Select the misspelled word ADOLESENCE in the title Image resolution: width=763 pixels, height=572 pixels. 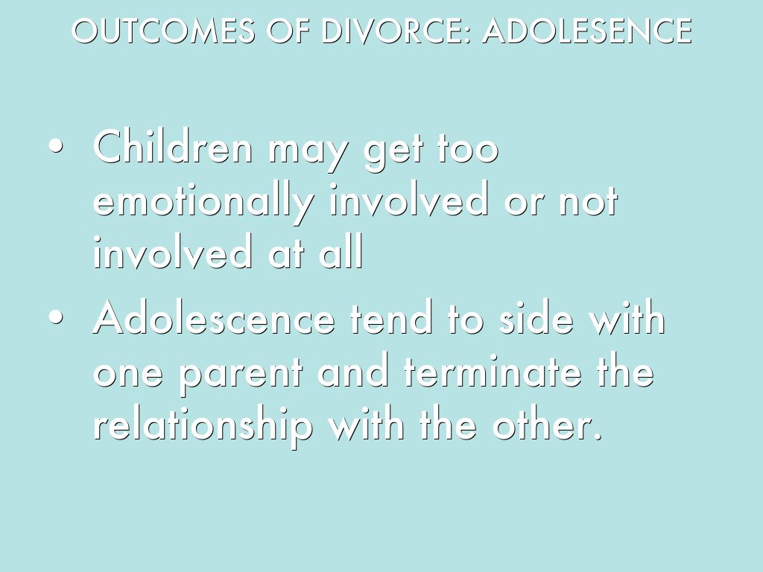point(587,31)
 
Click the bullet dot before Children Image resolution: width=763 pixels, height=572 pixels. point(56,146)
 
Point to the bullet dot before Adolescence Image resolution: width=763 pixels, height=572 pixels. point(56,317)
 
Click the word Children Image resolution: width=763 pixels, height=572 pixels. point(174,146)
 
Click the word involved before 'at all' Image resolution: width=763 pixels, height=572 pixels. point(173,252)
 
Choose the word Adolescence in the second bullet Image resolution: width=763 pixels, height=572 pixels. point(214,318)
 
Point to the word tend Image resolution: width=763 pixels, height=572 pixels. point(391,318)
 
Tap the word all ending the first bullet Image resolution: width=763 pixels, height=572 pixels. point(341,252)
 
